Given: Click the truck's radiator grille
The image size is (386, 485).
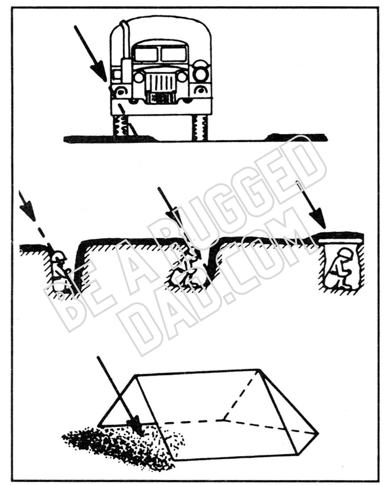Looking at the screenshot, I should pos(161,83).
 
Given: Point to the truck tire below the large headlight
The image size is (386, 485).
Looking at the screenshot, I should pos(200,127).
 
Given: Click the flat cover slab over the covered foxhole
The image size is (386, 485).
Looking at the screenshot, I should pos(341,240).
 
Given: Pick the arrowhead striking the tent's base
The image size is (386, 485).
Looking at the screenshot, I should pos(137,426).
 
